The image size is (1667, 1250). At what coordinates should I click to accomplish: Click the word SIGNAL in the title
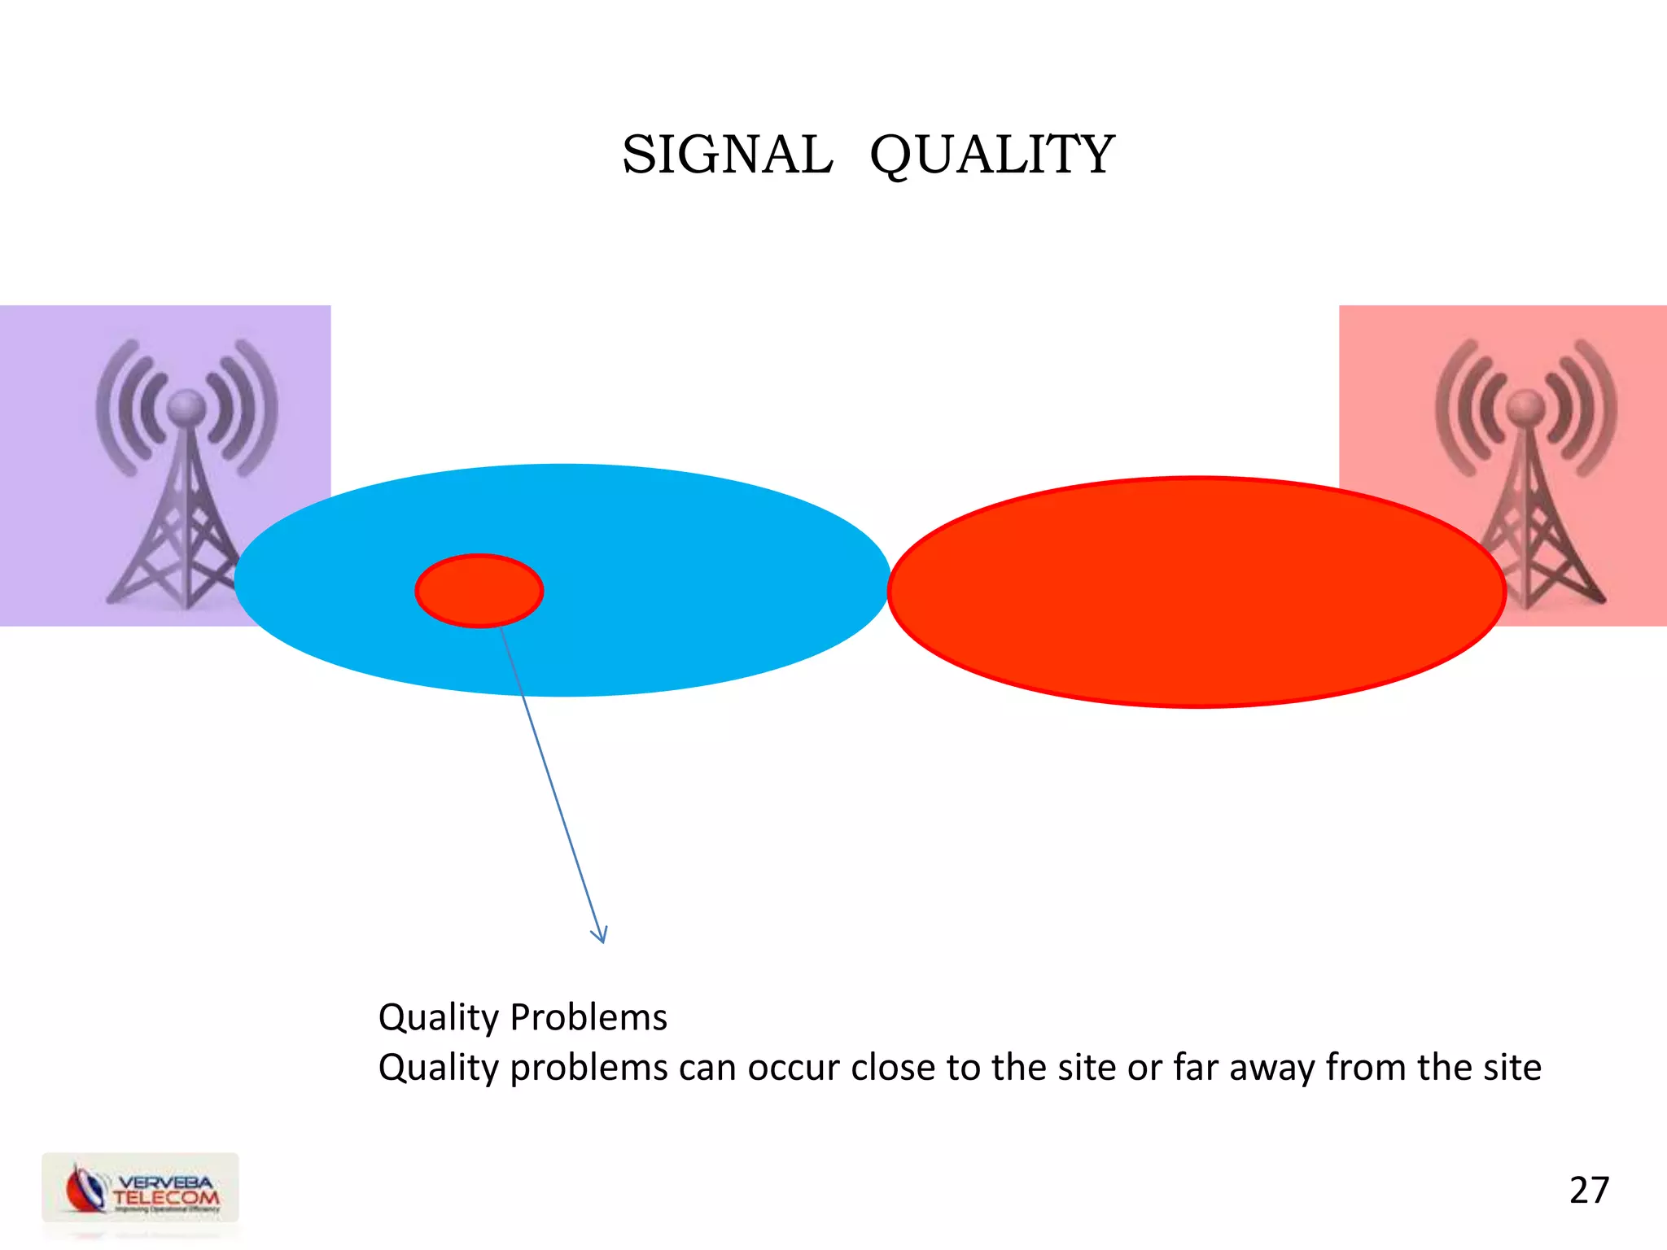[x=727, y=155]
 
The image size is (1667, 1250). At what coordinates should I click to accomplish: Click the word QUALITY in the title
[x=992, y=155]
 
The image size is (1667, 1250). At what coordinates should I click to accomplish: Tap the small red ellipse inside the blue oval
[x=479, y=591]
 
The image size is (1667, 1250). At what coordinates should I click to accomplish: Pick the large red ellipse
[x=1197, y=592]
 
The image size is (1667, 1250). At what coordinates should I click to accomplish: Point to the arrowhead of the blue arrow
[x=601, y=936]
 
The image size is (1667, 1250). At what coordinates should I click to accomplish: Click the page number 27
[x=1589, y=1190]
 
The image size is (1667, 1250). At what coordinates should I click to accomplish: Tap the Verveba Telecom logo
[x=141, y=1188]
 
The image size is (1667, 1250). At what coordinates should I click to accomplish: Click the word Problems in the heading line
[x=588, y=1017]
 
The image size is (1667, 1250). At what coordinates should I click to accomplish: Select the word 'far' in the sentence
[x=1196, y=1068]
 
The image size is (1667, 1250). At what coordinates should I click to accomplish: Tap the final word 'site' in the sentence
[x=1509, y=1068]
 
